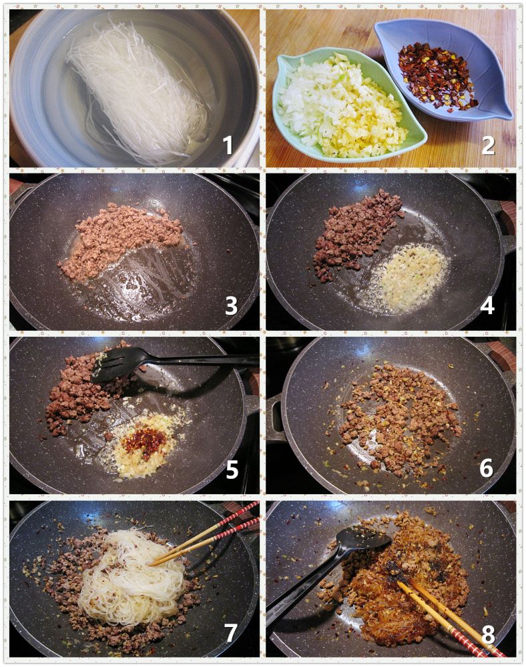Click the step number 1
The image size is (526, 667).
[x=228, y=145]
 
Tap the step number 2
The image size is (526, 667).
[x=488, y=145]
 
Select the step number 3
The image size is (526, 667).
[x=231, y=305]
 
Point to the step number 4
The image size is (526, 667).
[x=487, y=305]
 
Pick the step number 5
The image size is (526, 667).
[x=232, y=469]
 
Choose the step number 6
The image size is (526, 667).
[x=487, y=468]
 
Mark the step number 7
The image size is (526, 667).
[x=230, y=632]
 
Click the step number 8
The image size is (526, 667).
[x=488, y=634]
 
